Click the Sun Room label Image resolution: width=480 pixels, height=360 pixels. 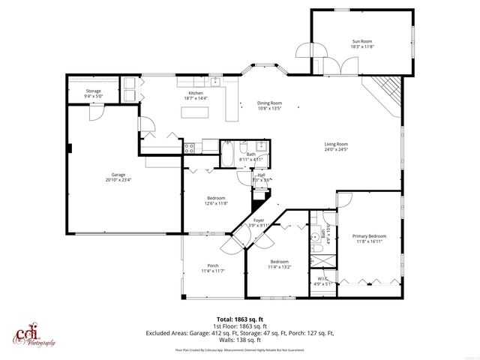[x=362, y=41]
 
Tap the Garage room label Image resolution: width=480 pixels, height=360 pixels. [x=113, y=175]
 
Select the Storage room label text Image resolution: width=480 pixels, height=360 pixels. [x=94, y=91]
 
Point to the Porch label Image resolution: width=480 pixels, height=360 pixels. [x=212, y=265]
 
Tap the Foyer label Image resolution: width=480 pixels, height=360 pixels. [x=259, y=220]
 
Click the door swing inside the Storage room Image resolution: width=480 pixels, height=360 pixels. [x=97, y=110]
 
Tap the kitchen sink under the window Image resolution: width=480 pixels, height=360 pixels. [x=215, y=80]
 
